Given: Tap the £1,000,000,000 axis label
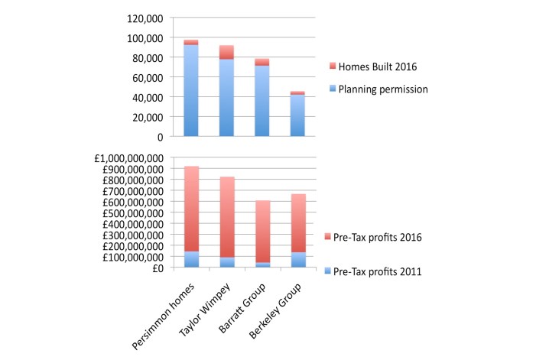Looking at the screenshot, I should pyautogui.click(x=126, y=158).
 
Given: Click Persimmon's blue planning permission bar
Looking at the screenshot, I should pyautogui.click(x=191, y=91).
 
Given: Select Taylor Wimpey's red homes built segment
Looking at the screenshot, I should pyautogui.click(x=226, y=52).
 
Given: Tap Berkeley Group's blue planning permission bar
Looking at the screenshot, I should pyautogui.click(x=297, y=115).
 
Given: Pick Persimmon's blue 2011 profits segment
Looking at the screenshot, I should pyautogui.click(x=191, y=260).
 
